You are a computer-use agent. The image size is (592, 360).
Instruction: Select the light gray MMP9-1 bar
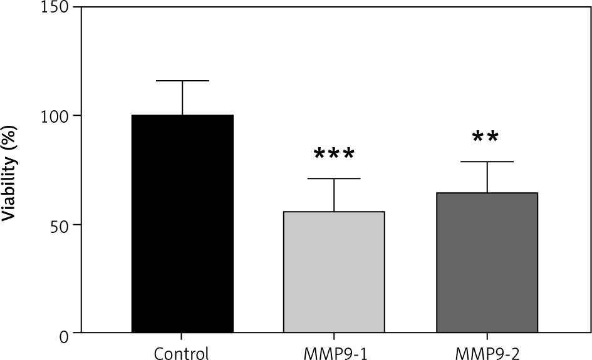pyautogui.click(x=334, y=272)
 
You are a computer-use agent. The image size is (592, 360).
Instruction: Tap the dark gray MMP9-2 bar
pyautogui.click(x=487, y=262)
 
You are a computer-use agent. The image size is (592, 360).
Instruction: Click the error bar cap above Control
pyautogui.click(x=182, y=81)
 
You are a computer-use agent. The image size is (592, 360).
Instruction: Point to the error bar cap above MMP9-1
pyautogui.click(x=334, y=178)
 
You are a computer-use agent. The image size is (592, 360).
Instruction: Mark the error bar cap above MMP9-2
pyautogui.click(x=487, y=162)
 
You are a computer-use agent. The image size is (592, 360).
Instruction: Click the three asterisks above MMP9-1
pyautogui.click(x=334, y=154)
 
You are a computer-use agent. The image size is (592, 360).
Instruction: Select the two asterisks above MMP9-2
pyautogui.click(x=486, y=137)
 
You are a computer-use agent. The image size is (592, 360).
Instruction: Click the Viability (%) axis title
pyautogui.click(x=11, y=169)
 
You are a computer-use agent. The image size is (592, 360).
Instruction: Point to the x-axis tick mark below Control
pyautogui.click(x=182, y=336)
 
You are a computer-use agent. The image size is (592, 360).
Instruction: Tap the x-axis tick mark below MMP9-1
pyautogui.click(x=334, y=336)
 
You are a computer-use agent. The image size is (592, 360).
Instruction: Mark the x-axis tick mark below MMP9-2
pyautogui.click(x=487, y=336)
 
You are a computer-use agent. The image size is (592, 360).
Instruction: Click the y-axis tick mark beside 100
pyautogui.click(x=77, y=115)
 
